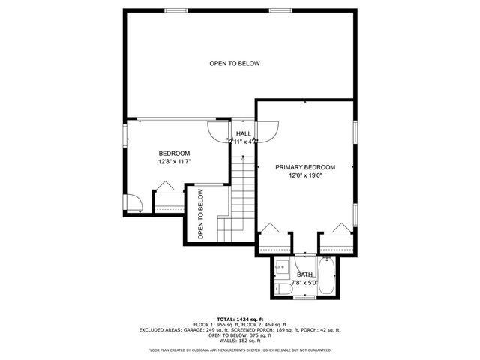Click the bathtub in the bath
click(328, 277)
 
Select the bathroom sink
click(282, 265)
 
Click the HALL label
click(244, 133)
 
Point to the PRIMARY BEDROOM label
click(304, 167)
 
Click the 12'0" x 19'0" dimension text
click(304, 176)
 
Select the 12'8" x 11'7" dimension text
click(174, 161)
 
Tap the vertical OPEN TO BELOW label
click(201, 214)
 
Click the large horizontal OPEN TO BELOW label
click(234, 64)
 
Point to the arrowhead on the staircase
click(243, 155)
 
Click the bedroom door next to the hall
click(218, 132)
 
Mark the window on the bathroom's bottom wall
click(304, 298)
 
